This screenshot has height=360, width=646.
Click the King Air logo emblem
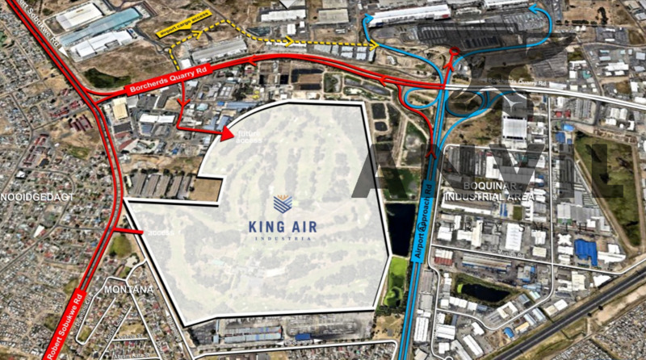pyautogui.click(x=283, y=204)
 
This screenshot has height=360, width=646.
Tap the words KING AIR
pyautogui.click(x=283, y=225)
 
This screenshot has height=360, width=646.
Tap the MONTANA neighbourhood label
pyautogui.click(x=128, y=290)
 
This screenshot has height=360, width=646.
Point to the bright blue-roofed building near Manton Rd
pyautogui.click(x=585, y=252)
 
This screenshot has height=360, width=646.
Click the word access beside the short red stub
pyautogui.click(x=161, y=232)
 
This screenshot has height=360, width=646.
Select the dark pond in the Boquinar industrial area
pyautogui.click(x=482, y=291)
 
